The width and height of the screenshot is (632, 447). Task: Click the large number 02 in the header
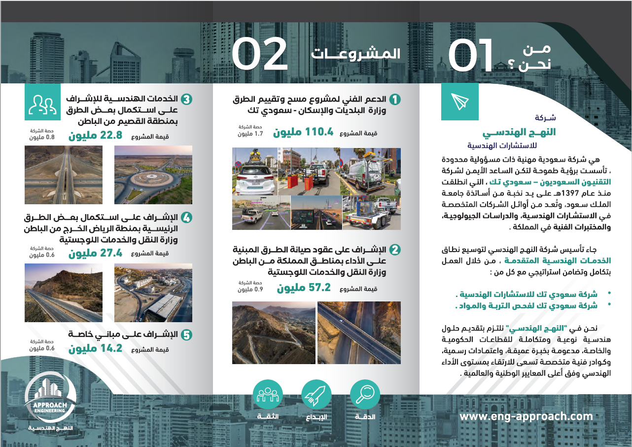tap(259, 54)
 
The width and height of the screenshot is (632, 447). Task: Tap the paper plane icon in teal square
tap(459, 102)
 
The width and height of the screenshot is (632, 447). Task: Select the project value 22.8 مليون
tap(95, 136)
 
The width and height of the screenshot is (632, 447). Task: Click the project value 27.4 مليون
tap(95, 254)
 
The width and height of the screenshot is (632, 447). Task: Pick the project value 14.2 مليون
tap(95, 349)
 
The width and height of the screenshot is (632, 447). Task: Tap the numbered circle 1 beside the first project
tap(395, 100)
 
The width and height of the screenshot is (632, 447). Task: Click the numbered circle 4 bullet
tap(186, 218)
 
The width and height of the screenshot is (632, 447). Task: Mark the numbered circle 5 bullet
tap(186, 335)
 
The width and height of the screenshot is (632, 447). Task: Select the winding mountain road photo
tap(274, 333)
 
